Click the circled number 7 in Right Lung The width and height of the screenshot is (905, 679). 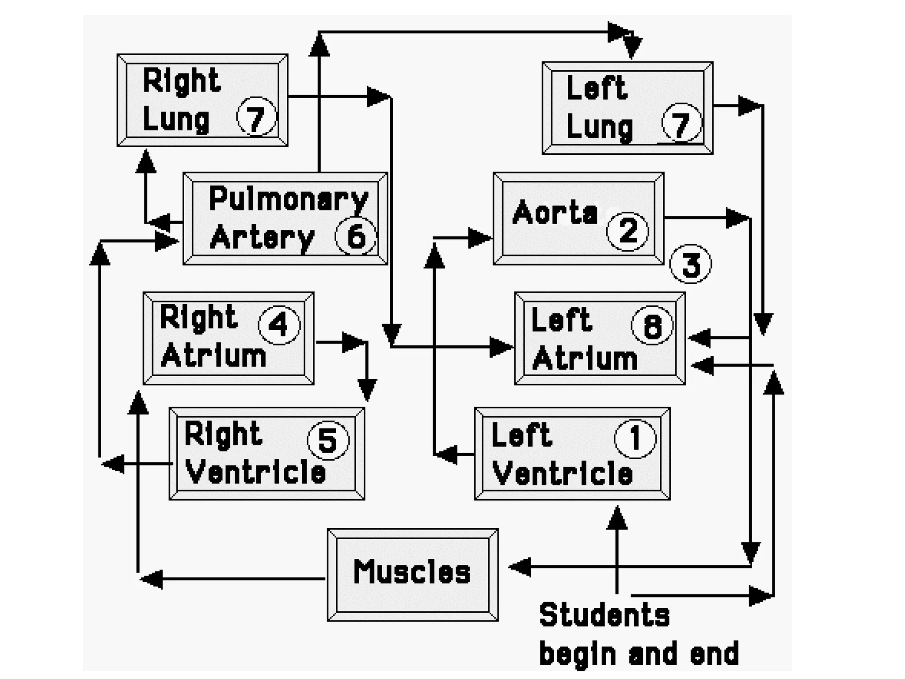pos(256,116)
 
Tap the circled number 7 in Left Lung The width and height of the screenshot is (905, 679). pos(681,122)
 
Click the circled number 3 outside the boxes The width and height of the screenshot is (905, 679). pos(691,264)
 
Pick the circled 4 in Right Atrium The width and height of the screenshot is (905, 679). pos(279,325)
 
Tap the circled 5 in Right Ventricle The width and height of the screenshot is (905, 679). pos(328,440)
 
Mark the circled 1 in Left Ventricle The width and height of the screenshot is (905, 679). pos(635,439)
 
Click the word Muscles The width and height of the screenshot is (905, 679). pos(412,572)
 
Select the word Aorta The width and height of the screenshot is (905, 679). pos(555,213)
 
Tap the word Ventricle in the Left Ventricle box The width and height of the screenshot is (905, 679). pos(562,473)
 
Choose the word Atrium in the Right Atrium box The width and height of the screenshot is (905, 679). pos(213,356)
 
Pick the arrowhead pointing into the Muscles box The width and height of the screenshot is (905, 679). pos(519,567)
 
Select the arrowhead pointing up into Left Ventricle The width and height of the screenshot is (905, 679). pos(617,518)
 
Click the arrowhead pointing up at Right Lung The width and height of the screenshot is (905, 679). pos(146,161)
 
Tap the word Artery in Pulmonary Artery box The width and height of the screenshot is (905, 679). pos(262,238)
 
